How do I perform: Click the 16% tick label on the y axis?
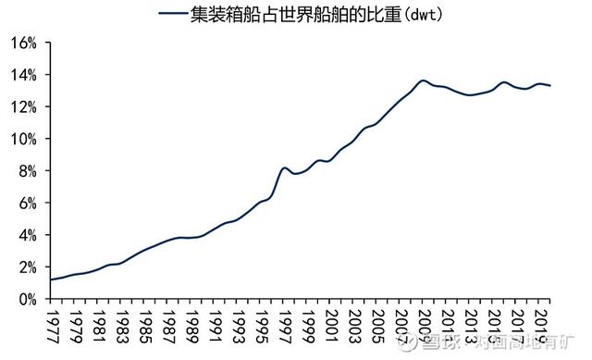(24, 43)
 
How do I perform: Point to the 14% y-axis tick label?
(24, 74)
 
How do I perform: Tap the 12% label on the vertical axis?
(24, 106)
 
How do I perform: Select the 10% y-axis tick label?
(24, 139)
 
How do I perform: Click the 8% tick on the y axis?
(28, 171)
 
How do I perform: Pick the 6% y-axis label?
(28, 203)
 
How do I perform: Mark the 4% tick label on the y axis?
(28, 235)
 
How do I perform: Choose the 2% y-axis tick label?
(28, 267)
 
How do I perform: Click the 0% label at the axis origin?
(28, 299)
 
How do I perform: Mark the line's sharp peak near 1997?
(285, 168)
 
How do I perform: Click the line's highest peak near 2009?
(423, 81)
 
